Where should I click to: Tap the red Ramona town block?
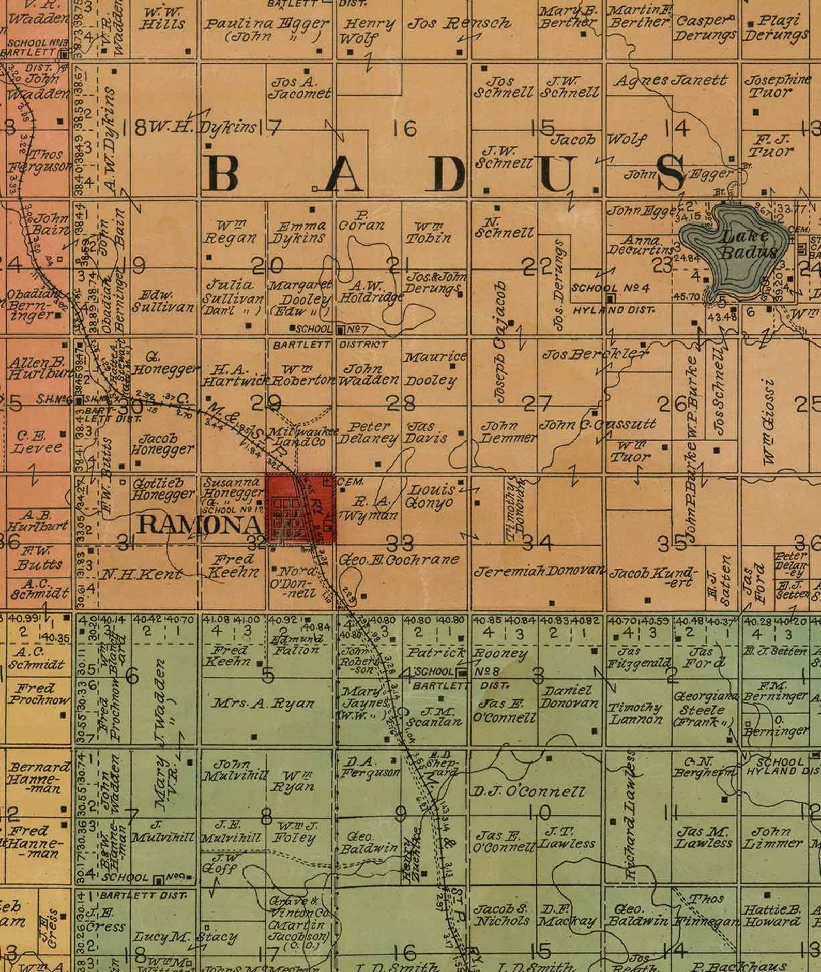tap(300, 510)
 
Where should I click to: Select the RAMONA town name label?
tap(200, 525)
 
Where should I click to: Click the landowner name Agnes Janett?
tap(671, 81)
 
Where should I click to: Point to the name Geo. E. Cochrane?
tap(399, 560)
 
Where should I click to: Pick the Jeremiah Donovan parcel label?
tap(539, 572)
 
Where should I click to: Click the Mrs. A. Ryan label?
tap(263, 704)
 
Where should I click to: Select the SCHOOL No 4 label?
tap(610, 288)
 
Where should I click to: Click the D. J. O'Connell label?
tap(528, 791)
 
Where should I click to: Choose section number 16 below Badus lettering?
tap(404, 128)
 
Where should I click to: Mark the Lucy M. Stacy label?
tap(186, 937)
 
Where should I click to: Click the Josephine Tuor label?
tap(777, 86)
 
